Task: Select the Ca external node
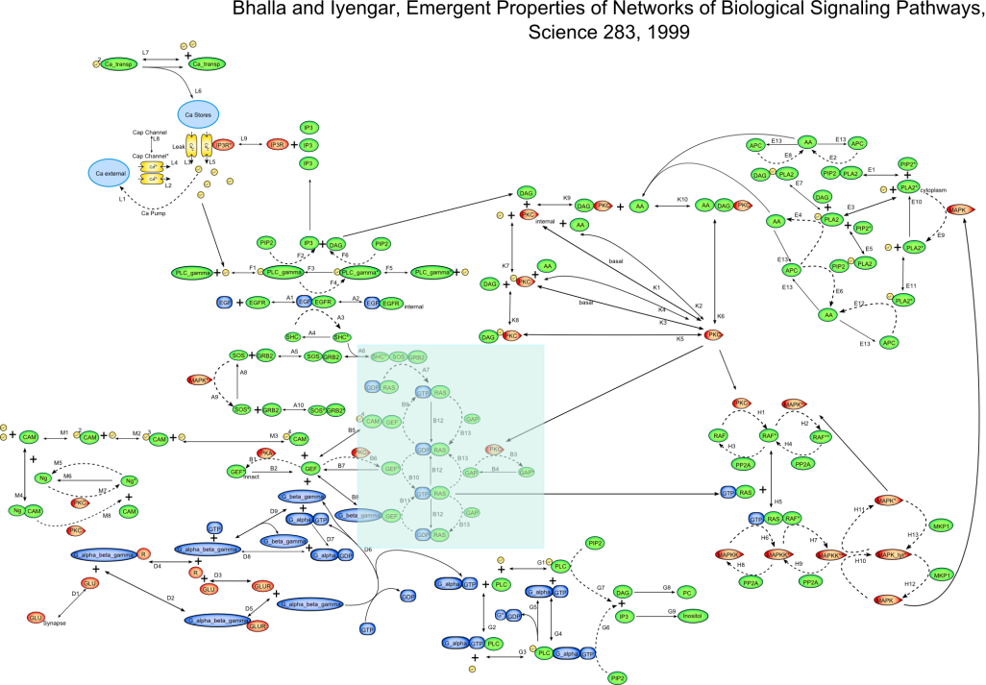tap(108, 174)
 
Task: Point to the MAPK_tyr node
tap(892, 554)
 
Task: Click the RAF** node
tap(820, 436)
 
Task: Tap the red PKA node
tap(266, 453)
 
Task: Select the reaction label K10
tap(683, 199)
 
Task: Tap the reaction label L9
tap(244, 136)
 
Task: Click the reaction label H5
tap(778, 502)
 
